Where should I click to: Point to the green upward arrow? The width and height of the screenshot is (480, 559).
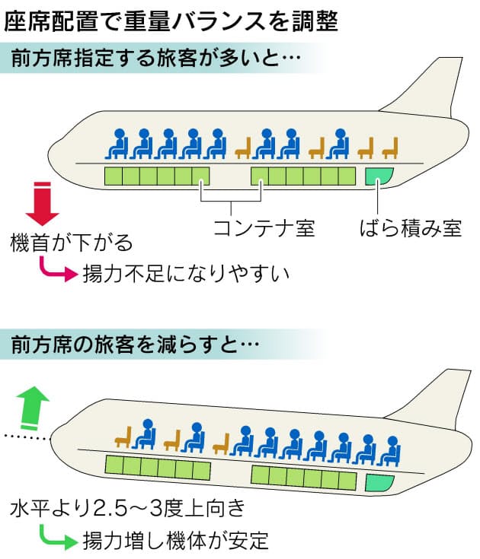pyautogui.click(x=33, y=405)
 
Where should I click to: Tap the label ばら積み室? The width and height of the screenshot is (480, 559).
pyautogui.click(x=411, y=227)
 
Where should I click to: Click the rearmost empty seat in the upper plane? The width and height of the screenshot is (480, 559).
pyautogui.click(x=390, y=147)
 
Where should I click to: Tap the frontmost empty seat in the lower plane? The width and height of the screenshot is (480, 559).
pyautogui.click(x=123, y=437)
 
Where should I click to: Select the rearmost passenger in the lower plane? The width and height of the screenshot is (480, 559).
pyautogui.click(x=392, y=450)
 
